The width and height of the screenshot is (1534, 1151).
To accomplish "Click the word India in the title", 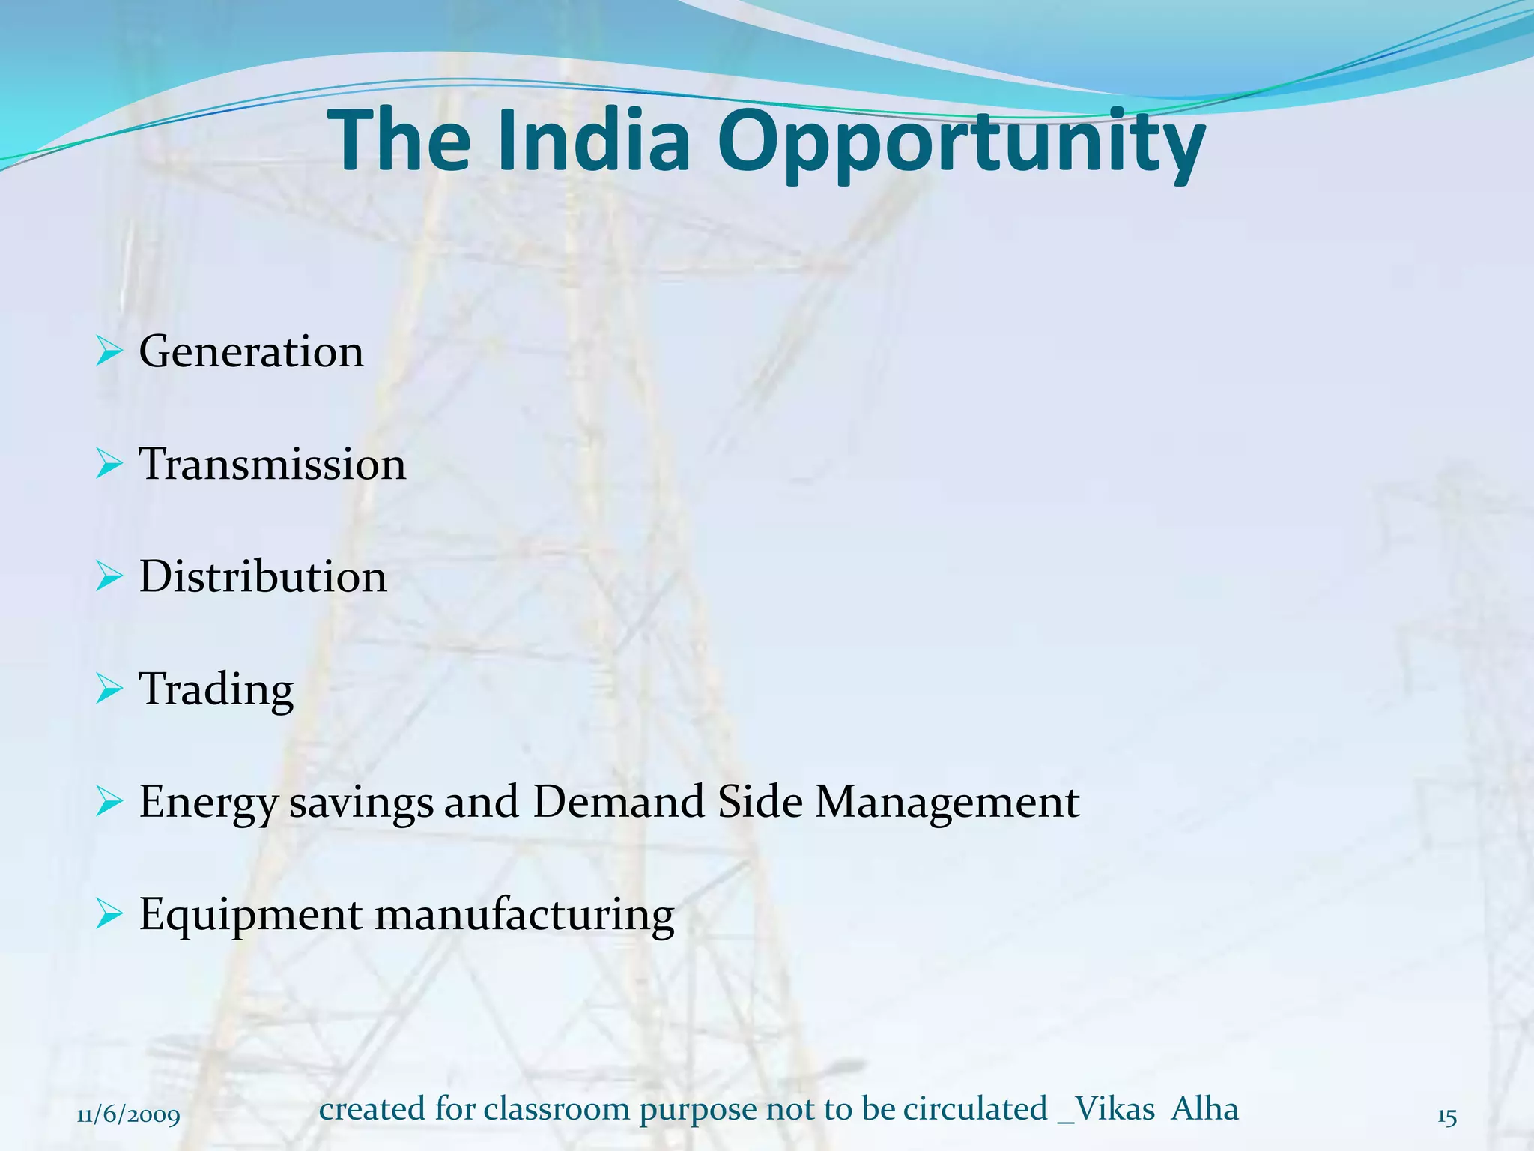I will pos(592,140).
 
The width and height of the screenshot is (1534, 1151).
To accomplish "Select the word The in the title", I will pos(399,140).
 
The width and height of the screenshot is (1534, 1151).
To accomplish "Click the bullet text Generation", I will pos(252,351).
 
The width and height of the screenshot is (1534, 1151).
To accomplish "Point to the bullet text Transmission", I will pos(273,464).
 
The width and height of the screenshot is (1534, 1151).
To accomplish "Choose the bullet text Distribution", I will pos(263,576).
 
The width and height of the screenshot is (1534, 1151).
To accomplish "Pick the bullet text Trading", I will pos(216,690).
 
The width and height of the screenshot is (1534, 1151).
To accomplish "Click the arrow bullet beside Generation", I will pos(109,351).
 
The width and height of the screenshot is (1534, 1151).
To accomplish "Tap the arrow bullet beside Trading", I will pos(109,689).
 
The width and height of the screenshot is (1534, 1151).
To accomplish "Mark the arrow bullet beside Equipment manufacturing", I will pos(109,914).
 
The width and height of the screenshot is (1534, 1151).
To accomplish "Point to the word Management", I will pos(948,803).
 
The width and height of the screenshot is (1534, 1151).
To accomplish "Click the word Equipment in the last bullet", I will pos(251,916).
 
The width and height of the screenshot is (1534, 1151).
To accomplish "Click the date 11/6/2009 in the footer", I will pos(129,1116).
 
